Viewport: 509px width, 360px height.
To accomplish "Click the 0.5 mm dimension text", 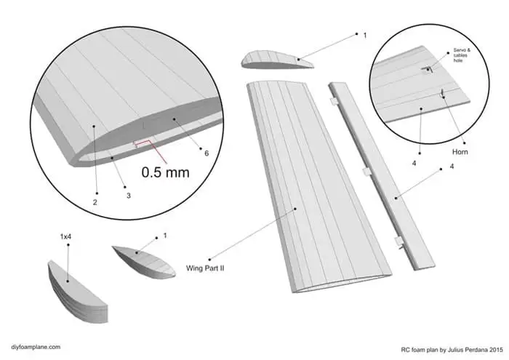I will [167, 172].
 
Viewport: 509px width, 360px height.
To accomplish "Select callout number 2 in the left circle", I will [95, 201].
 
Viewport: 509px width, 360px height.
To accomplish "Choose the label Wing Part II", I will [207, 268].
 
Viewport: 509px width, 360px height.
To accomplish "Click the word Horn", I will [460, 152].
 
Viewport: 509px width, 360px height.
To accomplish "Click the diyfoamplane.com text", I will [36, 348].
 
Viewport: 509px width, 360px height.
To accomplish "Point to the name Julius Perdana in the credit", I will [462, 348].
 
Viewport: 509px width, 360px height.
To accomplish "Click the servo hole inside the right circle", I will [428, 69].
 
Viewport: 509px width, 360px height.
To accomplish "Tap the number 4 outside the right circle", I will [452, 168].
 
